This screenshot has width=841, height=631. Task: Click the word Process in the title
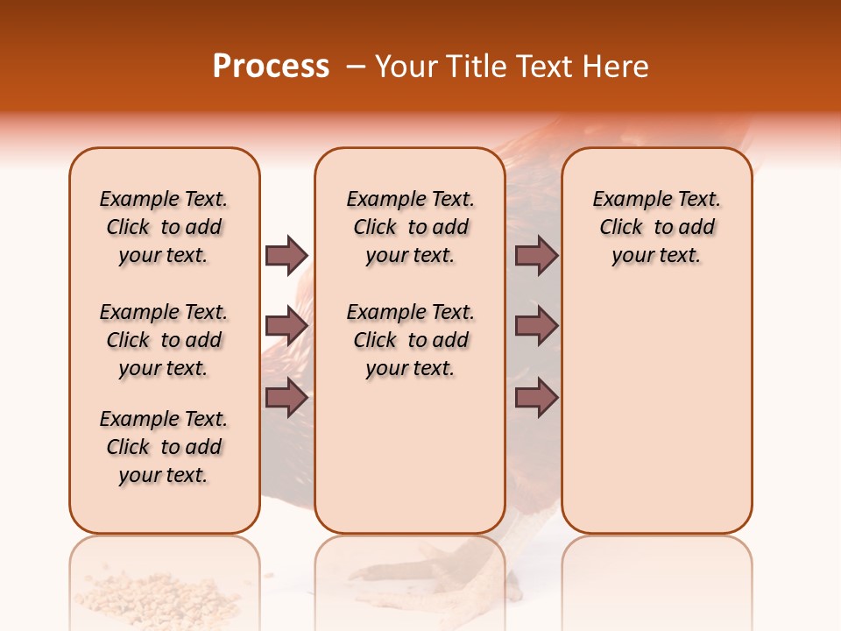[271, 67]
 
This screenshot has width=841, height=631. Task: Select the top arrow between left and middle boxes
[286, 255]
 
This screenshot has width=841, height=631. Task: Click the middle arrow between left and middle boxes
[286, 326]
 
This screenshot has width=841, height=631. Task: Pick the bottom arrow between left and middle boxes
[286, 397]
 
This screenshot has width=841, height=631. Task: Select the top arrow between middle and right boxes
[536, 255]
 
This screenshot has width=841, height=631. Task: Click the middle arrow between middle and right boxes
[536, 326]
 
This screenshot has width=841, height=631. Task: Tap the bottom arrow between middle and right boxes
[536, 397]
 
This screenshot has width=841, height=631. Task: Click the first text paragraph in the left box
[164, 227]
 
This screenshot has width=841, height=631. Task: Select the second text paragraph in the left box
[164, 340]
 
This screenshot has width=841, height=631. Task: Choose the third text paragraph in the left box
[164, 447]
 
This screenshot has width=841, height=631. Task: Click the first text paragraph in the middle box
[410, 227]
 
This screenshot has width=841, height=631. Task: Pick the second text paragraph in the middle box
[410, 340]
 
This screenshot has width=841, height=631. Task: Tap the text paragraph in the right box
[656, 227]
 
